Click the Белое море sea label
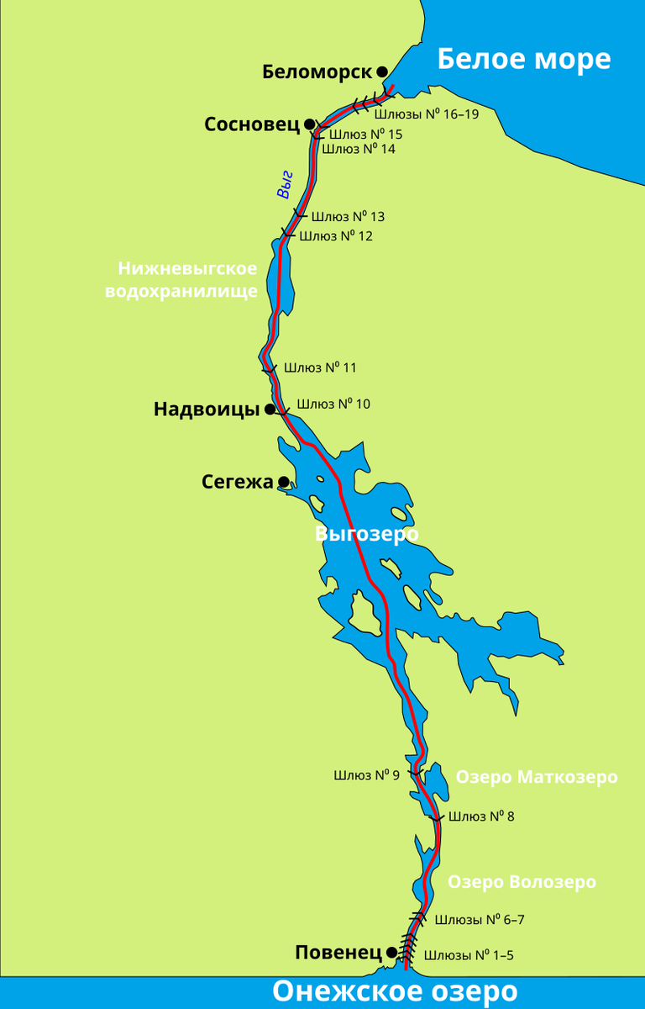tap(523, 59)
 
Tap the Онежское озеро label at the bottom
tap(394, 991)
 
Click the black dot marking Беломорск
tap(382, 72)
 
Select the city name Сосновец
tap(251, 124)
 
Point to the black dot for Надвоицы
tap(270, 409)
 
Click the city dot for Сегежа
tap(284, 482)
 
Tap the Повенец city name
tap(338, 953)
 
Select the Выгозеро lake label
tap(366, 534)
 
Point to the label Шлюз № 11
tap(320, 367)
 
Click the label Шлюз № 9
tap(366, 775)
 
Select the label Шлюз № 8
tap(480, 816)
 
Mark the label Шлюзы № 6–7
tap(480, 920)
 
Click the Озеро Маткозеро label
tap(536, 777)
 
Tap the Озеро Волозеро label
tap(522, 882)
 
